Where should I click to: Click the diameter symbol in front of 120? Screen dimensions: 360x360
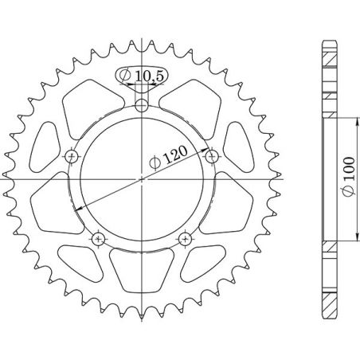pyautogui.click(x=156, y=165)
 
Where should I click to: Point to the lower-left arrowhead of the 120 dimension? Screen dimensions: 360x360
pyautogui.click(x=80, y=209)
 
